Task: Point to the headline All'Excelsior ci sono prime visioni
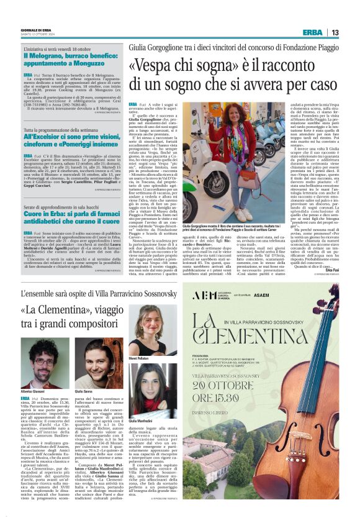coord(71,143)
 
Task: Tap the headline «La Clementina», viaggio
coord(81,316)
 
